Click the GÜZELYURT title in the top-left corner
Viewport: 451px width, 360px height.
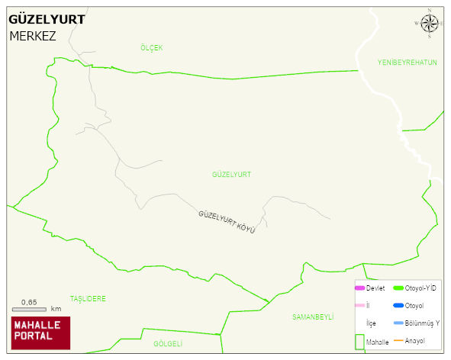coord(47,19)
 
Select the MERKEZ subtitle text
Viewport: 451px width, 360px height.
coord(33,36)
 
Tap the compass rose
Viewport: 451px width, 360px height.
coord(430,24)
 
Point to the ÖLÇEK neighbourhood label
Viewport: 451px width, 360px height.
coord(152,48)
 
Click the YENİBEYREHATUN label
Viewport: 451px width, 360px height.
coord(407,63)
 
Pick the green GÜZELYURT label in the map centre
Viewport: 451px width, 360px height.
coord(231,175)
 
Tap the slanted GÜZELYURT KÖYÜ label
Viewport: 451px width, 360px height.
coord(227,221)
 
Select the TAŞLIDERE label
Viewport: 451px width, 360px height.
coord(88,298)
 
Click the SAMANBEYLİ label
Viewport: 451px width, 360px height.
coord(314,316)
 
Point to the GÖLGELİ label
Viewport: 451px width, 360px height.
coord(169,344)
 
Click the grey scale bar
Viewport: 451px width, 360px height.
coord(29,309)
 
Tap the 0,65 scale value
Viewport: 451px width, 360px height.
coord(29,302)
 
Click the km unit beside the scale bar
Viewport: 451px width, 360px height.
coord(56,309)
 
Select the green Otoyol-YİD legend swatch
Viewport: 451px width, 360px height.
coord(398,288)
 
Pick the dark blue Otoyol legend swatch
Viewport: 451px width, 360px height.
coord(398,305)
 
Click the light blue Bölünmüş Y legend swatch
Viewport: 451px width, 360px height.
coord(398,323)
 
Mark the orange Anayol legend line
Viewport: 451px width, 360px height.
coord(398,340)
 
